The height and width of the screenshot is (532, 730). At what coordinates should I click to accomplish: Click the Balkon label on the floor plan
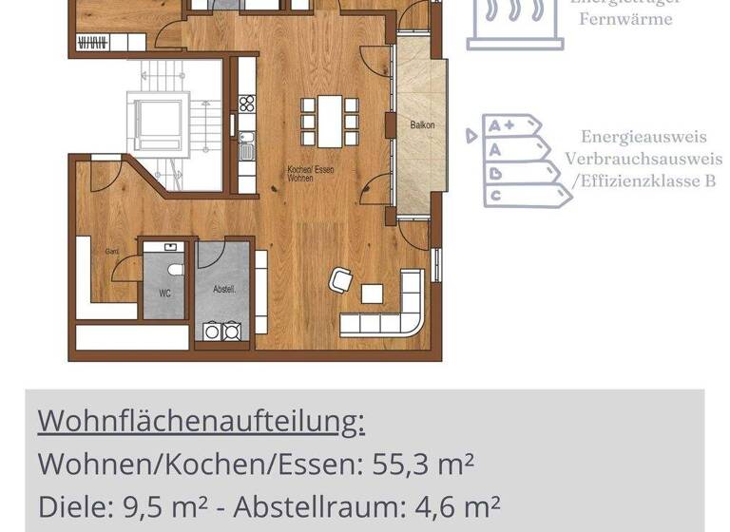[x=422, y=124]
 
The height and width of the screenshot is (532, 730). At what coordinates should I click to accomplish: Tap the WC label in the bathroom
[x=164, y=294]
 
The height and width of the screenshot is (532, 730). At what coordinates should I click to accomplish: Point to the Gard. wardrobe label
[x=111, y=251]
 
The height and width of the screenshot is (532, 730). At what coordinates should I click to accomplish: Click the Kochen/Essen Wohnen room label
[x=311, y=173]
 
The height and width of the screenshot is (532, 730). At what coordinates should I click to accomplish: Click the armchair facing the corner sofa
[x=341, y=280]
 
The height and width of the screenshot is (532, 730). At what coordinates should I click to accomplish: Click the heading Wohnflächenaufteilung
[x=201, y=421]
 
